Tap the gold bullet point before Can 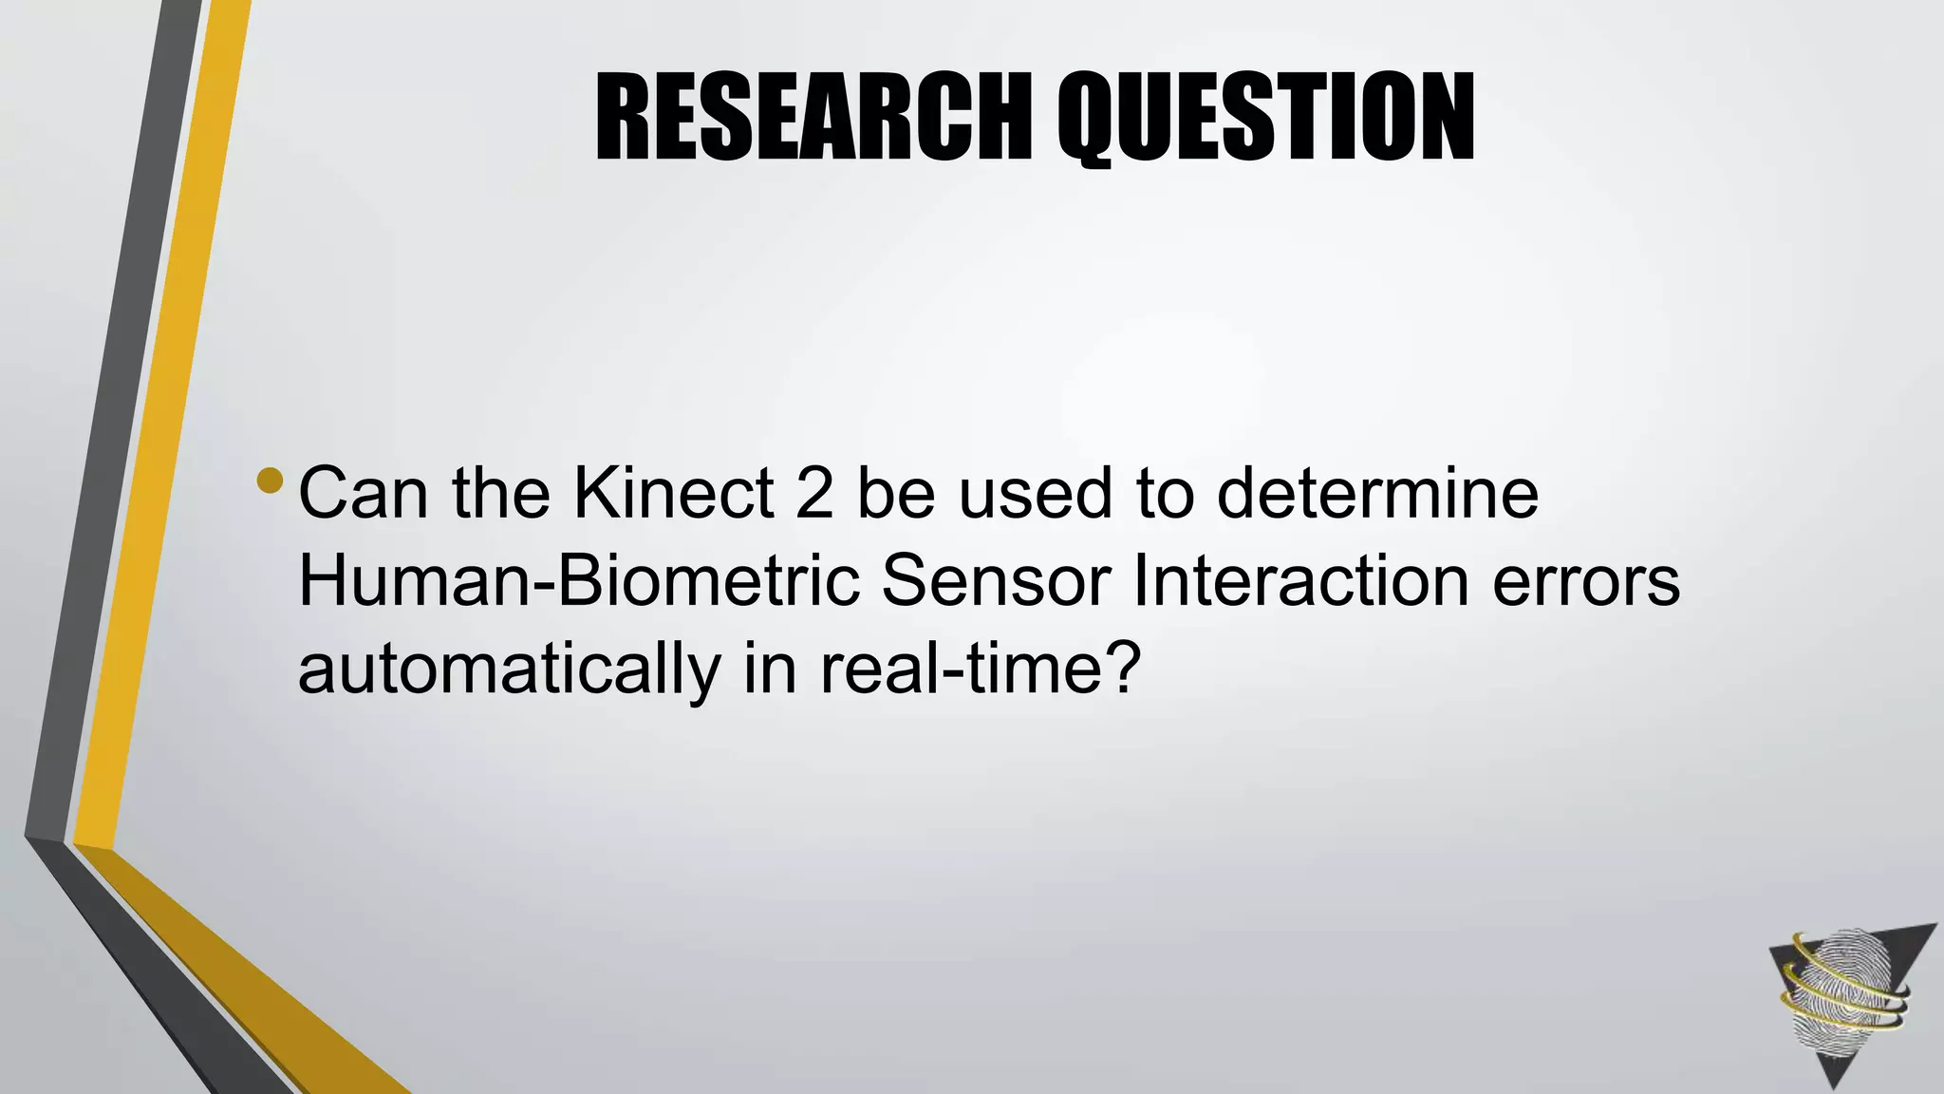(x=270, y=480)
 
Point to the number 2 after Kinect (x=814, y=493)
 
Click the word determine (x=1377, y=493)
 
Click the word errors (x=1586, y=580)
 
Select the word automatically (x=510, y=669)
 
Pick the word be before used (x=896, y=493)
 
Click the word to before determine (x=1164, y=493)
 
